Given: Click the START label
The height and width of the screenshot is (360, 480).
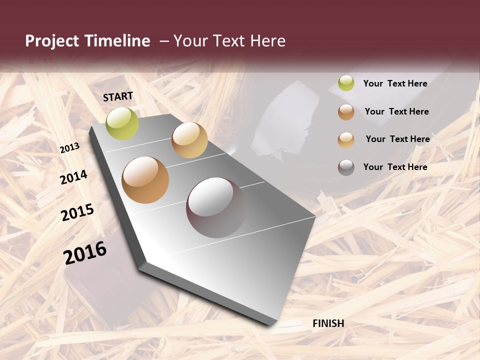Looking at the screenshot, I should point(118,96).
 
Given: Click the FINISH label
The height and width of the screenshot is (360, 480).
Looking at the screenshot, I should point(328,323).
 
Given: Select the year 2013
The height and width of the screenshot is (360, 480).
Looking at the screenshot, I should point(70,148).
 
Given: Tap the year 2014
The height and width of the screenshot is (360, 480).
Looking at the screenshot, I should point(73,177).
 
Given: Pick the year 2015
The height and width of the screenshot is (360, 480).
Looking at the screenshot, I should point(77,212).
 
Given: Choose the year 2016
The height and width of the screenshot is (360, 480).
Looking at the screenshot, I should point(85,253).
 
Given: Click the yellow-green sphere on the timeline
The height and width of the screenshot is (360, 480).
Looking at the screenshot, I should point(122,123).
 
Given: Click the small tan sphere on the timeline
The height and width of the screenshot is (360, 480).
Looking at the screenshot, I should point(189,140).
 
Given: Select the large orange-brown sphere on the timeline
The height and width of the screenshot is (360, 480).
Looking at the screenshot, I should point(145,180).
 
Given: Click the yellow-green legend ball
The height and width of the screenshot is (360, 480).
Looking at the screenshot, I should point(346,83).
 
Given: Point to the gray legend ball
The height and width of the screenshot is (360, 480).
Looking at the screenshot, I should point(346,167).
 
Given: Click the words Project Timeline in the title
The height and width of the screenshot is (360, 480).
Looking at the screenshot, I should point(87,41).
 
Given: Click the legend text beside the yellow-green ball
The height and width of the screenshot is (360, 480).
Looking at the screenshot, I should point(395,83).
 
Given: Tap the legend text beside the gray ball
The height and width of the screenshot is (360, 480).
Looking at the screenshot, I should point(395,167).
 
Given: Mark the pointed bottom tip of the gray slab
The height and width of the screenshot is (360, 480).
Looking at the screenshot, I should point(270,324).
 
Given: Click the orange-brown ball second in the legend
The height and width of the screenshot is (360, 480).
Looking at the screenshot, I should point(346,112).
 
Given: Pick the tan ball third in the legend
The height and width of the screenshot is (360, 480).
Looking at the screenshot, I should point(346,139).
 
